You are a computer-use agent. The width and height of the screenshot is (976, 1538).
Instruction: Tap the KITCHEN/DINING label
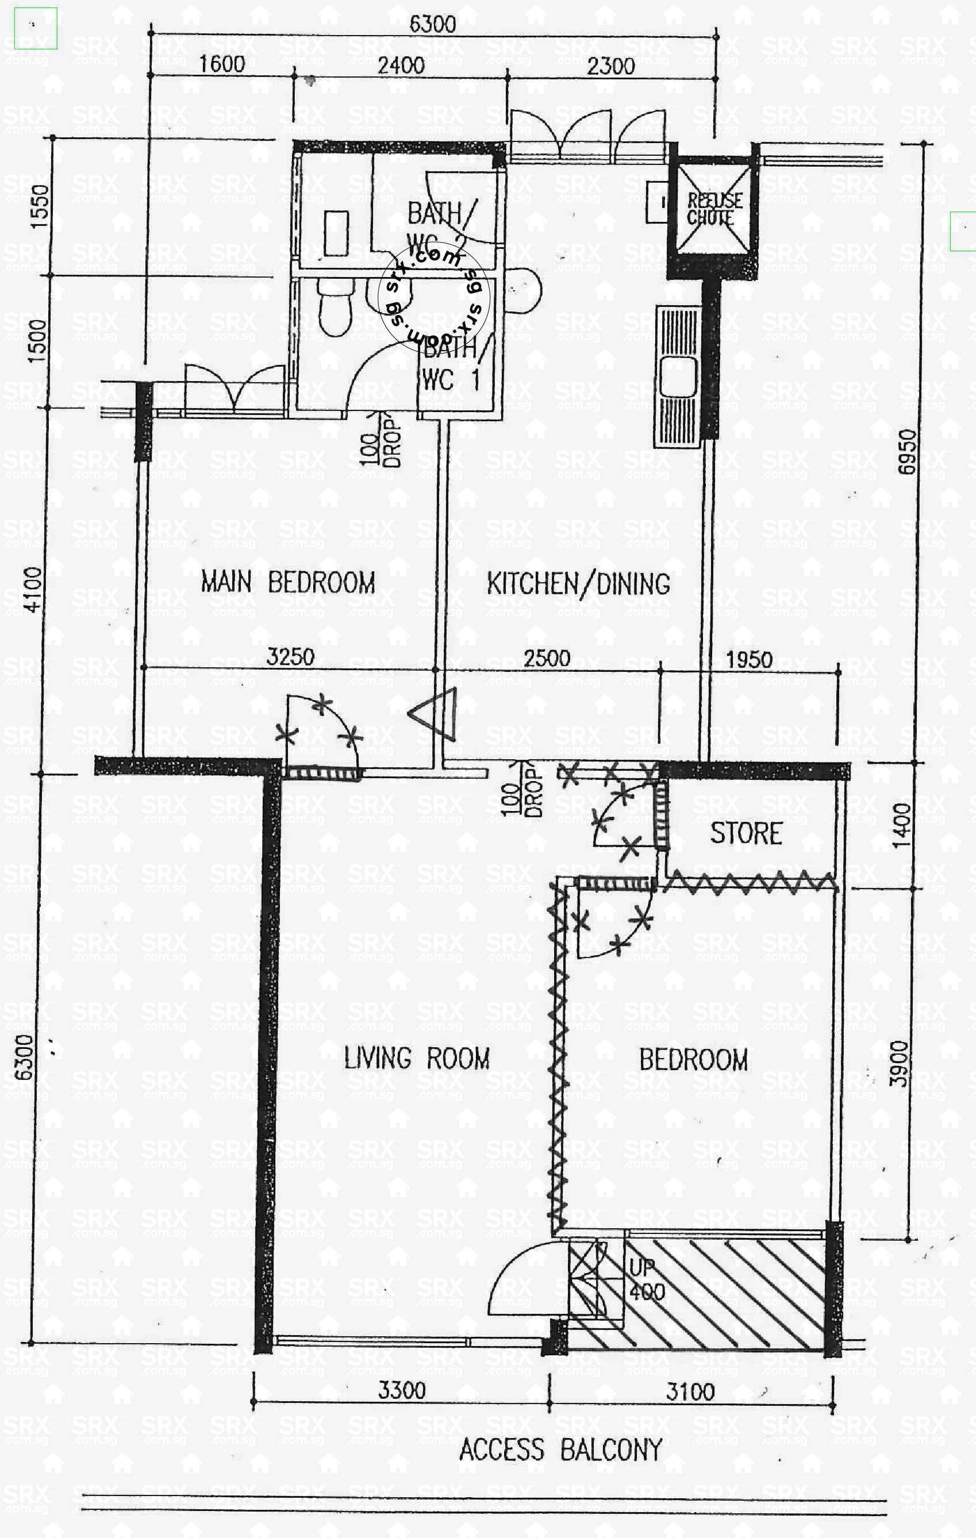point(578,584)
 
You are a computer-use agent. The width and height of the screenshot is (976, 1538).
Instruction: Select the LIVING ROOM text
point(417,1058)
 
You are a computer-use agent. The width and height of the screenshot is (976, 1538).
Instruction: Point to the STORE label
point(746,833)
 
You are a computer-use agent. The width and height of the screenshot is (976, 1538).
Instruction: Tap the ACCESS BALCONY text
point(561,1450)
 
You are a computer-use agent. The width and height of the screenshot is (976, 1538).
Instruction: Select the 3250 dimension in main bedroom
point(290,656)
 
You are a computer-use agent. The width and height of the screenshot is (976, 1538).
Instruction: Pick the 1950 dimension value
point(748,659)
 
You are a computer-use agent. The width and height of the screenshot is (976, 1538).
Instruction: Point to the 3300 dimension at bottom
point(401,1390)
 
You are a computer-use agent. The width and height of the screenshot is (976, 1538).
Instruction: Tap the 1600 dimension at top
point(222,64)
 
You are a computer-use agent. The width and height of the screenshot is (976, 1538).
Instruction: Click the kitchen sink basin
point(678,378)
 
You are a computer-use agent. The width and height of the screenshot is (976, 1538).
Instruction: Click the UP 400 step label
point(647,1280)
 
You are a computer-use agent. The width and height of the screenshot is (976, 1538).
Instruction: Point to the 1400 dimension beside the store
point(901,826)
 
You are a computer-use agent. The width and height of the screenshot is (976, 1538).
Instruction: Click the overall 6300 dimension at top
point(432,24)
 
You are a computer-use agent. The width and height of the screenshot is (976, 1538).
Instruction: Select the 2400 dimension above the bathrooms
point(401,65)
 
